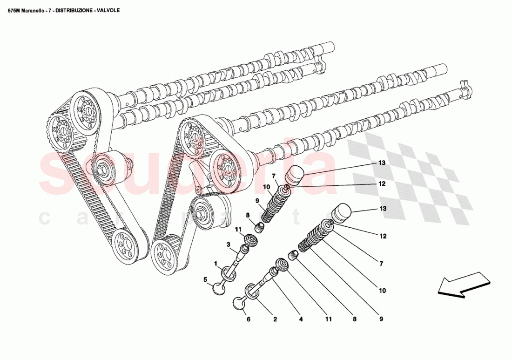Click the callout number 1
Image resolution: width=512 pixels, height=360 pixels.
(x=216, y=264)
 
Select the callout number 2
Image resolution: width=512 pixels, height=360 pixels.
(x=275, y=319)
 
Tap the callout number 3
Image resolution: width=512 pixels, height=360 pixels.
(x=229, y=245)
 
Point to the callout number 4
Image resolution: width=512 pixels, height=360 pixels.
(x=301, y=319)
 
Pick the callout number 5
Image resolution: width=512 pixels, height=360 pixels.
(x=205, y=279)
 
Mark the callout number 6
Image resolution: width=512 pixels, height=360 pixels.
(x=248, y=319)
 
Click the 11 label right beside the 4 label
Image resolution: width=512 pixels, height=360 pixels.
(x=328, y=319)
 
